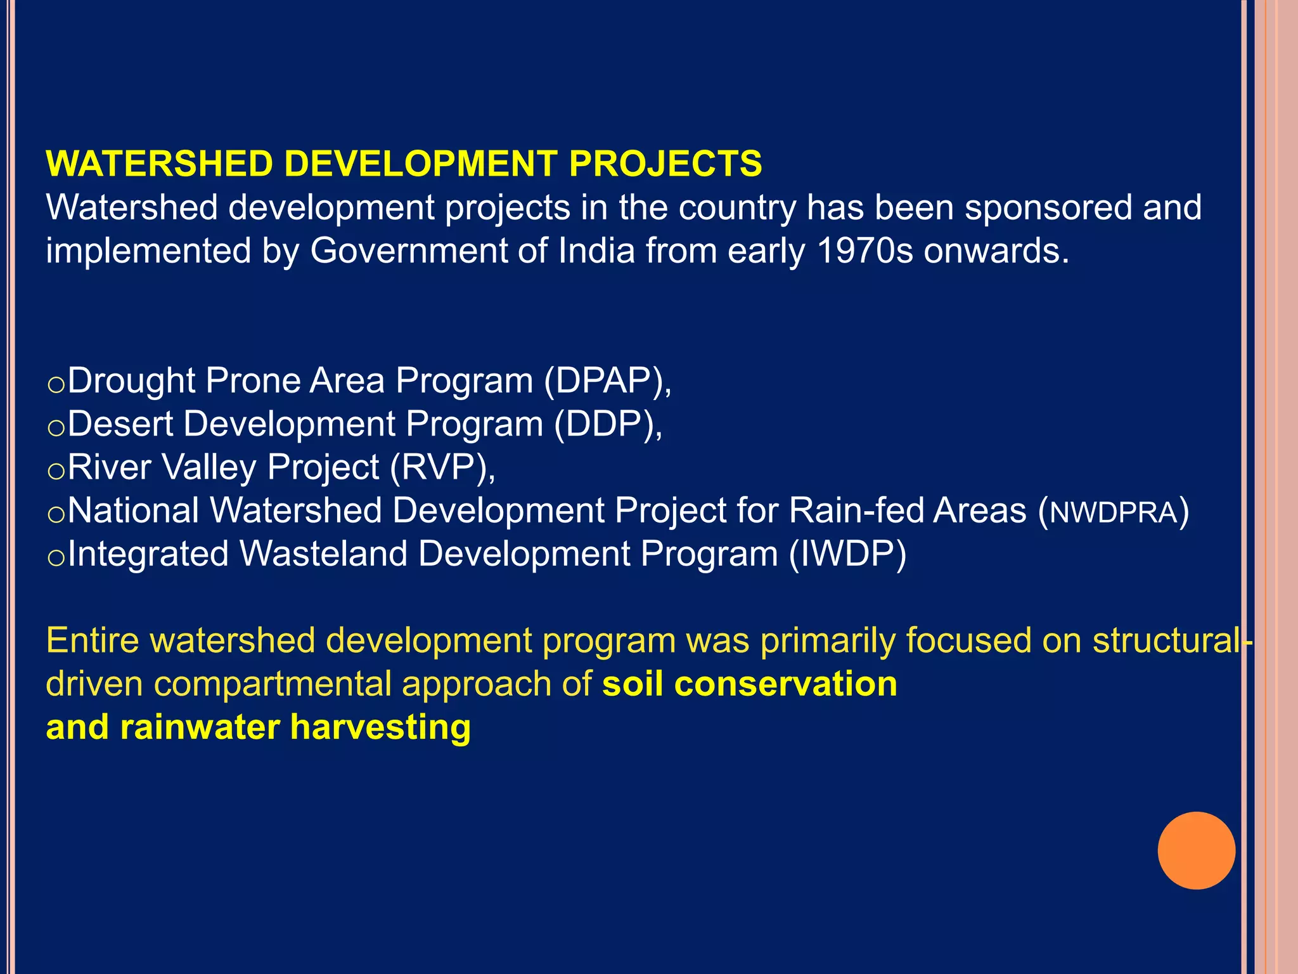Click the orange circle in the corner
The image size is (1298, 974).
point(1196,850)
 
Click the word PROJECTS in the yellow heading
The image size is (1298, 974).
point(665,164)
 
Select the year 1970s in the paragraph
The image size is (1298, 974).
point(864,250)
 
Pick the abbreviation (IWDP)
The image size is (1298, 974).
point(847,554)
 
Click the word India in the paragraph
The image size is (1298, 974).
point(596,250)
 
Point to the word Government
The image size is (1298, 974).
point(408,250)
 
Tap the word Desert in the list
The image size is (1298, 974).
point(120,424)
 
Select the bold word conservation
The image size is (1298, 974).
point(785,684)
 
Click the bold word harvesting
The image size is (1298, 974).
point(380,727)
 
